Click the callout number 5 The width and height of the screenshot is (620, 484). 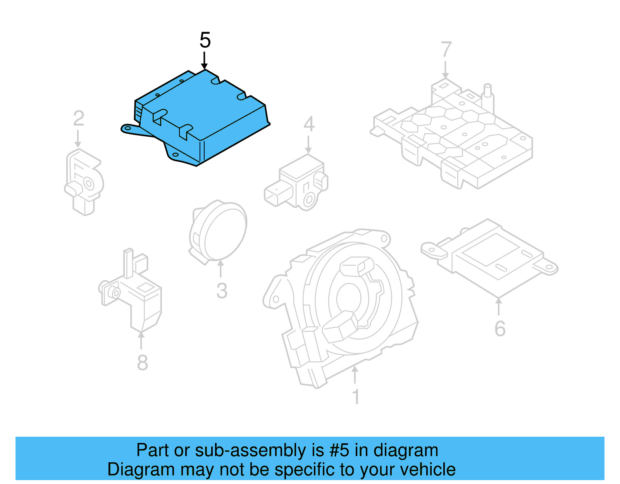(205, 40)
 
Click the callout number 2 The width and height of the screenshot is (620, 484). (79, 119)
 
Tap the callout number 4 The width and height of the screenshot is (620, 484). (309, 124)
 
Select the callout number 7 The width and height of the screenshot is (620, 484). (446, 50)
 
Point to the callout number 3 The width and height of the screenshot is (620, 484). (222, 291)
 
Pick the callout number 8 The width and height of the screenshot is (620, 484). (143, 363)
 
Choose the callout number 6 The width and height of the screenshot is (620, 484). (500, 329)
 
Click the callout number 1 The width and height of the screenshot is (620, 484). (356, 397)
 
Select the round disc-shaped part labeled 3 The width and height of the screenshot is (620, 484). (221, 233)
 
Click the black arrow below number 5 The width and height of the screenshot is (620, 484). (204, 62)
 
